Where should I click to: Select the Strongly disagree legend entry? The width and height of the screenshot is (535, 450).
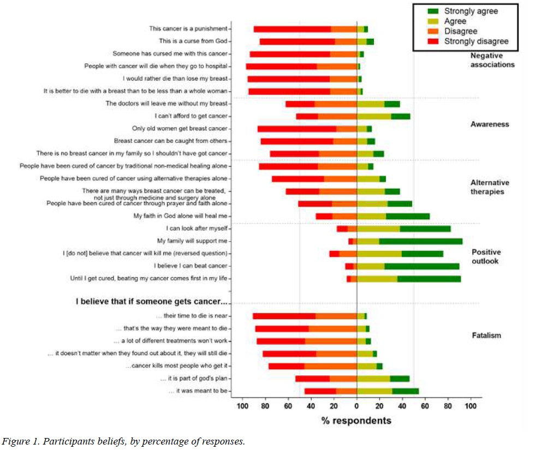(x=476, y=41)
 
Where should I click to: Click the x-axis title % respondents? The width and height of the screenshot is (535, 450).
(x=356, y=421)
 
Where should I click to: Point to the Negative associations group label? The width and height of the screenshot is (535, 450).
(x=492, y=60)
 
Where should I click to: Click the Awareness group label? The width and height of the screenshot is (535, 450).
(x=489, y=124)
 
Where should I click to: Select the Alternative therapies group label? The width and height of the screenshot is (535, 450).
(x=489, y=187)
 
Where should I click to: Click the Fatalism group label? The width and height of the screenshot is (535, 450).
(x=486, y=335)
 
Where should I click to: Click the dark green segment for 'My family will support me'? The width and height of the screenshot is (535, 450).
(x=420, y=241)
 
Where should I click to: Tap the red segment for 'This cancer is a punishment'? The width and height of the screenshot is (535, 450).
(x=292, y=29)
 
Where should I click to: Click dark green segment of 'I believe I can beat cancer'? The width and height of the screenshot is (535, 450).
(x=421, y=266)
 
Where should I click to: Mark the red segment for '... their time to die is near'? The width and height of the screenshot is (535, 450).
(x=284, y=316)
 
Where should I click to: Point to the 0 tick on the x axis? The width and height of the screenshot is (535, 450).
(x=356, y=406)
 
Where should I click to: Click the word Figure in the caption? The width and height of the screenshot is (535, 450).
(x=16, y=441)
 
